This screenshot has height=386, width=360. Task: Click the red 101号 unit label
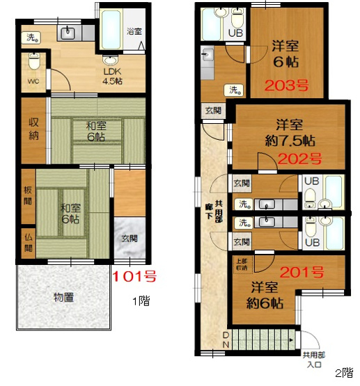(134, 277)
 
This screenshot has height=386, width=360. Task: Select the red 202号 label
(299, 158)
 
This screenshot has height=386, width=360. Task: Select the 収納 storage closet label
(32, 129)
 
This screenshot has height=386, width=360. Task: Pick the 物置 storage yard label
(64, 298)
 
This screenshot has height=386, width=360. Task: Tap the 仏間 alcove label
(27, 244)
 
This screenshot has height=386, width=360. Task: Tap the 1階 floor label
(140, 302)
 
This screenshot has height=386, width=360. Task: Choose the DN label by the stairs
(226, 341)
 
